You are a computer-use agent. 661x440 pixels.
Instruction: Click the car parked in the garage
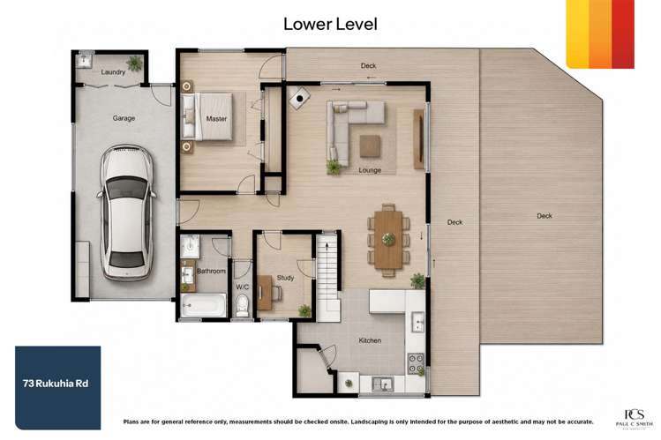(126, 213)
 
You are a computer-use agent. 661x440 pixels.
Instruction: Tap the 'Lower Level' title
(330, 24)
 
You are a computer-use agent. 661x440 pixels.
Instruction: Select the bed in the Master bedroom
(207, 116)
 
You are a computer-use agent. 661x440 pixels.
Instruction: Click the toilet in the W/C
(243, 305)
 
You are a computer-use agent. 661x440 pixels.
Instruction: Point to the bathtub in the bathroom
(204, 305)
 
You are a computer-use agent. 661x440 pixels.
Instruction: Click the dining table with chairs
(388, 240)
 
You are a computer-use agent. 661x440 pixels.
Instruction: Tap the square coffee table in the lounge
(370, 146)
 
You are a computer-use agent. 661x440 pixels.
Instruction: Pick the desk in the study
(265, 293)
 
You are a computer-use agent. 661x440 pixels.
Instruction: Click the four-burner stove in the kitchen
(416, 363)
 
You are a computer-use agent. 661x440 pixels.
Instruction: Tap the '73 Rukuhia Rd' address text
(56, 384)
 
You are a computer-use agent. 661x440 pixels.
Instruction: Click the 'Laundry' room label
(113, 72)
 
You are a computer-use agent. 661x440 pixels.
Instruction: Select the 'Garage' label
(124, 118)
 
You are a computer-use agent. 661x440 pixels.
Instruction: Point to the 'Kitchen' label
(370, 340)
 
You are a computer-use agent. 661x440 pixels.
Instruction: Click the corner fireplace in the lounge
(299, 98)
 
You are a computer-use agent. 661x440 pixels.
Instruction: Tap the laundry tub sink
(85, 61)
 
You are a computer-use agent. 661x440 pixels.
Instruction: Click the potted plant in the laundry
(134, 63)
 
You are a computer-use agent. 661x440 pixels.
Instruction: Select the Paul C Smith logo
(634, 419)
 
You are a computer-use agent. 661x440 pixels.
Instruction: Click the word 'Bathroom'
(211, 272)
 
